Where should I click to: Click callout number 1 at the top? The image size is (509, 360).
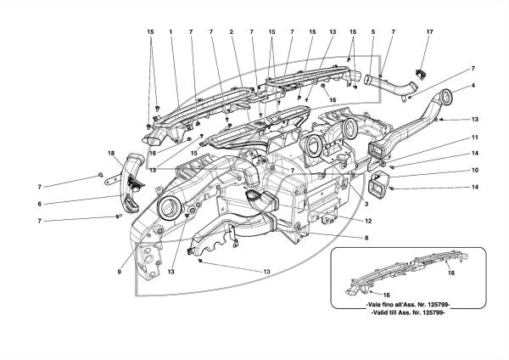[171, 32]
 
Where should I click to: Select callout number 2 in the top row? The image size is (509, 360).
[231, 32]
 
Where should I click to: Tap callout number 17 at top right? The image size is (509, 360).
[429, 32]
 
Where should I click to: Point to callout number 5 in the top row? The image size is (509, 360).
[373, 32]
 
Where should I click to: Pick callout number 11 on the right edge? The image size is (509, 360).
[474, 138]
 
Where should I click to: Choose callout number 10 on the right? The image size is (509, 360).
[474, 170]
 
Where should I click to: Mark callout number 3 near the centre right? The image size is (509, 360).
[366, 204]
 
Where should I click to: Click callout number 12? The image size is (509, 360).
[368, 221]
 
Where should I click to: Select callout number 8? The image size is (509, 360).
[366, 238]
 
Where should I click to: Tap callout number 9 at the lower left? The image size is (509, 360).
[119, 272]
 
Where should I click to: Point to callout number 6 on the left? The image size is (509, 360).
[40, 204]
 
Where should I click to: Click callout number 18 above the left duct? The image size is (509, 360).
[111, 153]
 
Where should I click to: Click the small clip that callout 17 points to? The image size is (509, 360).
[421, 75]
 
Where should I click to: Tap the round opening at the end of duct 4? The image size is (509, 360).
[446, 97]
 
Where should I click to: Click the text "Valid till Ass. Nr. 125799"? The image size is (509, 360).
[408, 312]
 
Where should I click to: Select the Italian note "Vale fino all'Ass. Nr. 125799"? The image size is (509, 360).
[408, 305]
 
